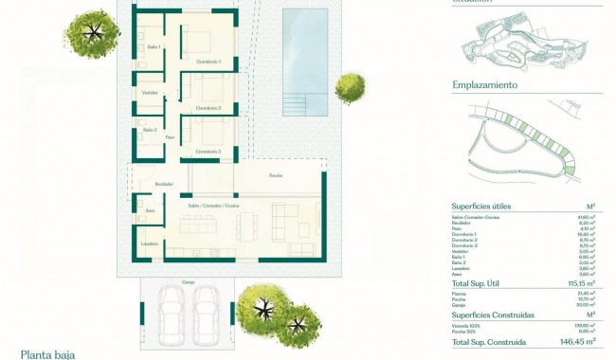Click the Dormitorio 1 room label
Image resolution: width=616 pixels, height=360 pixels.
point(208,63)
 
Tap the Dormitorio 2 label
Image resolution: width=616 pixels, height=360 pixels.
point(208,108)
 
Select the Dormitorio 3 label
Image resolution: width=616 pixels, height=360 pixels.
point(208,152)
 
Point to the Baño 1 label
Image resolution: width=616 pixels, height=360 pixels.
point(154,46)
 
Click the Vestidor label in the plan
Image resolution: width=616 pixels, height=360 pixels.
point(150,93)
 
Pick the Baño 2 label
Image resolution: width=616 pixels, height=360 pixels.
point(150,130)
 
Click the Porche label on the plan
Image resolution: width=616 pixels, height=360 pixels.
point(276,176)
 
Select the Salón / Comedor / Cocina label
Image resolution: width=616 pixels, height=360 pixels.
point(213,205)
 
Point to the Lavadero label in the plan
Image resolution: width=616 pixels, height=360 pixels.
point(150,243)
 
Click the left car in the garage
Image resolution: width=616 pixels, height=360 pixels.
point(172,309)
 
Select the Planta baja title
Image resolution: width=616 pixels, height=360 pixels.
point(47,354)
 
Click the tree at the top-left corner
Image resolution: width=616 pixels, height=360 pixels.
point(93,34)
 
